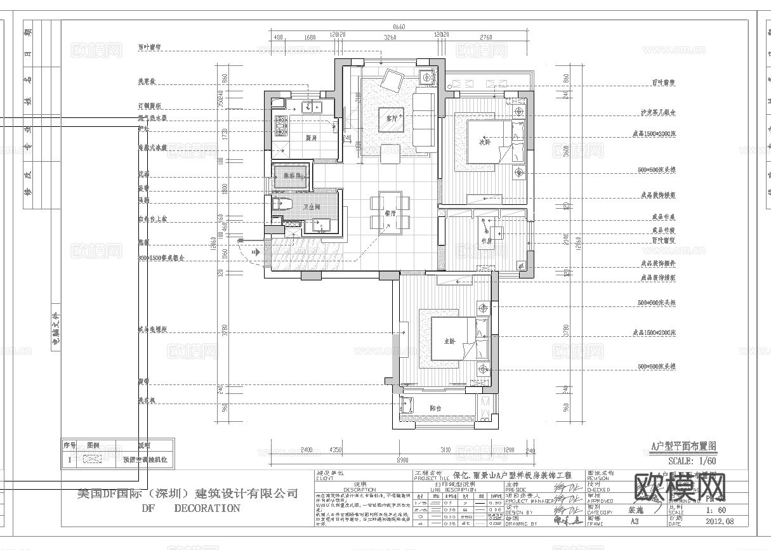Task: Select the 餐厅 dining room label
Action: tap(390, 214)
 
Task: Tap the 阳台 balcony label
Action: tap(435, 409)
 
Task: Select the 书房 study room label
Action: tap(487, 241)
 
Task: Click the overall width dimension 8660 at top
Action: tap(399, 27)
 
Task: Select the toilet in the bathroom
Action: tap(282, 204)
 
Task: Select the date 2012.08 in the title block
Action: tap(720, 521)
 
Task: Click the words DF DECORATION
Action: tap(190, 508)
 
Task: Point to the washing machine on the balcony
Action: tap(407, 403)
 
